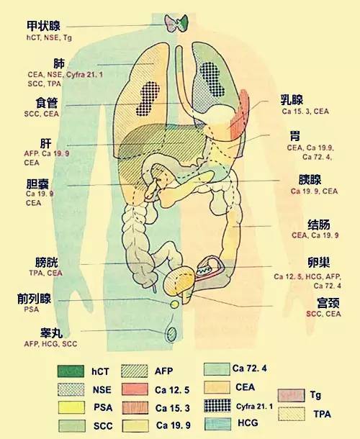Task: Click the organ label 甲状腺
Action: pos(43,26)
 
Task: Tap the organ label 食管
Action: pos(47,103)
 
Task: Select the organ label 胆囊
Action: pos(37,184)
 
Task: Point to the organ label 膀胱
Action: pos(47,263)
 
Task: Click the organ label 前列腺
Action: pos(34,299)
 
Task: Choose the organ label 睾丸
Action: pos(51,333)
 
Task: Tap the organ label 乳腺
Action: pos(292,99)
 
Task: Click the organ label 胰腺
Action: pos(310,179)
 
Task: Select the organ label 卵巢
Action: pos(318,262)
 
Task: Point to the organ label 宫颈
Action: pos(328,303)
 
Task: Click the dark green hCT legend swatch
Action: pos(71,371)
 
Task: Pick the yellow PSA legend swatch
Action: pos(71,407)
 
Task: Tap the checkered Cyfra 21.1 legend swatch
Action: pos(217,406)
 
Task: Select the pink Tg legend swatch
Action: pos(291,395)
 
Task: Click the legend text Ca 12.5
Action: pos(172,390)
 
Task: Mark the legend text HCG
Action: pos(248,422)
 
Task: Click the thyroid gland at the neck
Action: pos(176,23)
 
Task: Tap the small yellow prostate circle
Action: pos(174,304)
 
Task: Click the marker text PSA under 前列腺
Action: pos(32,309)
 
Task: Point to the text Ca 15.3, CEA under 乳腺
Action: pos(305,112)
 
